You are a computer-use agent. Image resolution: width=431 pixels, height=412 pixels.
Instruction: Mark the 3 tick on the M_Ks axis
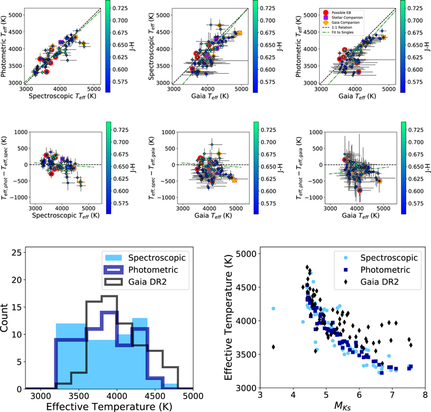[260, 394]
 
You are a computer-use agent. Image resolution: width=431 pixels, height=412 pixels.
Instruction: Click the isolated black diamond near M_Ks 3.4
[273, 347]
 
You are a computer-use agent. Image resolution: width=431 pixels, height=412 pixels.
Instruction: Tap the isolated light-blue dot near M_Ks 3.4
[273, 308]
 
